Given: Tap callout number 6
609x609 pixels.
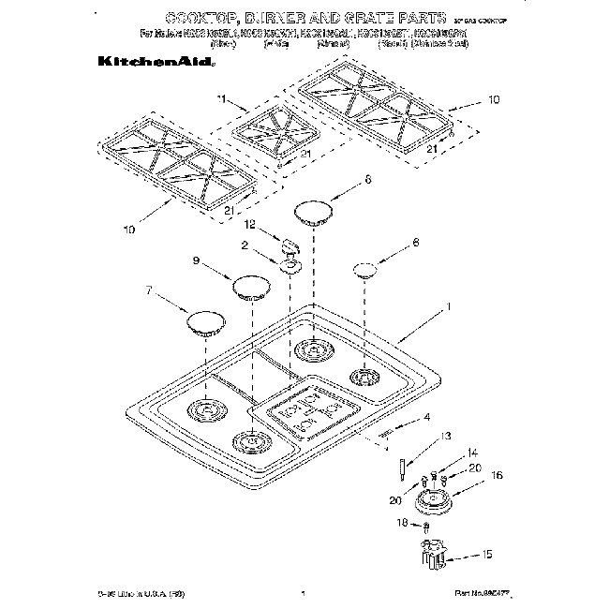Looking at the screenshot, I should coord(368,178).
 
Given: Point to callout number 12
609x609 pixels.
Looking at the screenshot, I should coord(249,225).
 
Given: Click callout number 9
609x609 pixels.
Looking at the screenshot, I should coord(197,261).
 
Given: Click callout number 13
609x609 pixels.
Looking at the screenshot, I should coord(446,436).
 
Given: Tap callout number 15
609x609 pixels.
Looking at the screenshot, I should coord(486,557).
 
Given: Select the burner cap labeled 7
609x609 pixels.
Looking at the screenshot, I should coord(206,323).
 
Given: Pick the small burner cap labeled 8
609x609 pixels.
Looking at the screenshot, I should coord(367,273).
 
